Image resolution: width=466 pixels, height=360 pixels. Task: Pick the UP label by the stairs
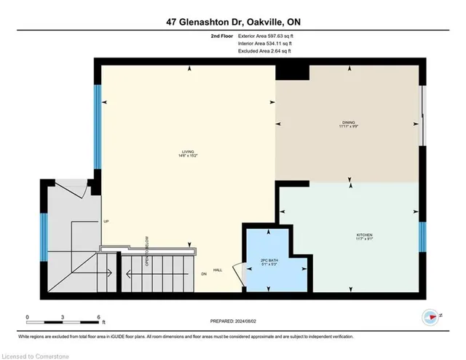pos(106,222)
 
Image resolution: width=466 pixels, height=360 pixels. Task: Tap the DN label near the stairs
pos(205,274)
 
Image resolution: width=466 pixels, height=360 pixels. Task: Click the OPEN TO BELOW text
pos(146,251)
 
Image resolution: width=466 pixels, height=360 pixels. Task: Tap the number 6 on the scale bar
pos(98,317)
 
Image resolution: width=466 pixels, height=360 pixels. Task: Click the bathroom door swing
pos(237,275)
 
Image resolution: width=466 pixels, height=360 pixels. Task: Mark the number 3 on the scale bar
pos(63,317)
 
